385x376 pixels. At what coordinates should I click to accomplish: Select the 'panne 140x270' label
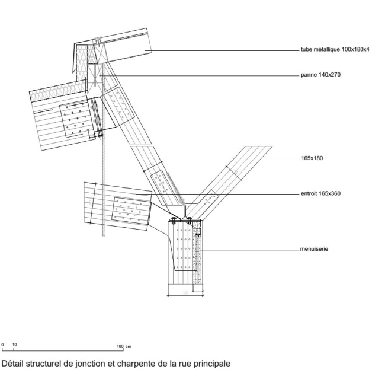coord(319,75)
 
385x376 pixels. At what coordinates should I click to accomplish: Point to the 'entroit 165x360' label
coord(320,193)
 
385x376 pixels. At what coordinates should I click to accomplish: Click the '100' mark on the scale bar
coord(119,345)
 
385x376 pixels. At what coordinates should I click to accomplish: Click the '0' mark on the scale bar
coord(4,345)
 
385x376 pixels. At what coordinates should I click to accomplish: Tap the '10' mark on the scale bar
coord(15,345)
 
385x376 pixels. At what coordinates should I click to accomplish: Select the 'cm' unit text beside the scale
coord(129,345)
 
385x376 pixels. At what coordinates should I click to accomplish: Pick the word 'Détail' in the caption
coord(14,362)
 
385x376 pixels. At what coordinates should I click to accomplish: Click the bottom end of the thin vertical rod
coord(104,235)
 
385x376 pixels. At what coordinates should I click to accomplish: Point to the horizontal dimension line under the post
coord(185,294)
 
